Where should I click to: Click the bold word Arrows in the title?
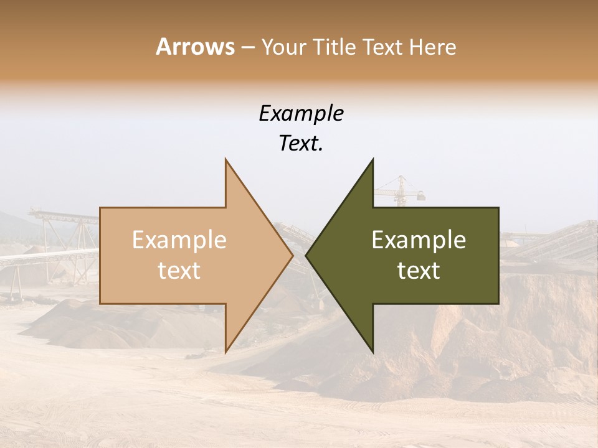pos(195,47)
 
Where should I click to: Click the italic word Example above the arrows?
pos(301,114)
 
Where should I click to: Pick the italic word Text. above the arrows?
pos(301,144)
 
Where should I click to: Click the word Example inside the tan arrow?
pos(179,240)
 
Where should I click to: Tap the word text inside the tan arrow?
pos(179,271)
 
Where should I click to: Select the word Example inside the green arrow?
pos(419,240)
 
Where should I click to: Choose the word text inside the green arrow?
pos(419,271)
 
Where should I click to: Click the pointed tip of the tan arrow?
pos(292,255)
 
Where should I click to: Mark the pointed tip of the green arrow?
pos(306,255)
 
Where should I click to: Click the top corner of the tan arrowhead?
pos(225,160)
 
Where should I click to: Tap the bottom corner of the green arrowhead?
pos(373,352)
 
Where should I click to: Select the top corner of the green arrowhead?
pos(373,160)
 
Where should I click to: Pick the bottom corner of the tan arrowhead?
pos(225,352)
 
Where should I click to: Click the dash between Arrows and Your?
pos(247,47)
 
